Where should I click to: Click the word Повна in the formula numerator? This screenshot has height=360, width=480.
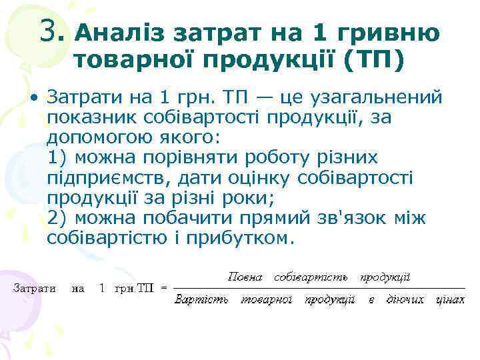(245, 276)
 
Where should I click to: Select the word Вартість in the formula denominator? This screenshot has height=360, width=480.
(201, 300)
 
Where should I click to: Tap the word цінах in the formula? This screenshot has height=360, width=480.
(450, 300)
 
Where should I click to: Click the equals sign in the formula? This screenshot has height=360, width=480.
(164, 289)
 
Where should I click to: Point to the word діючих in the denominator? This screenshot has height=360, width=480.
(405, 300)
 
